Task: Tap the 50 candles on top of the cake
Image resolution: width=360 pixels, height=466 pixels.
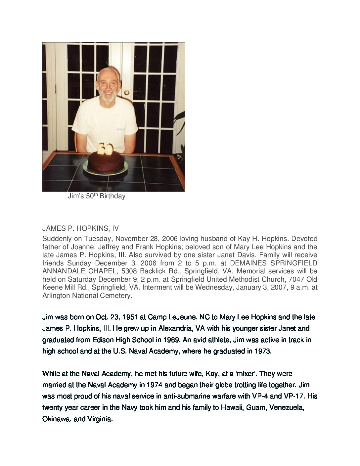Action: click(x=105, y=149)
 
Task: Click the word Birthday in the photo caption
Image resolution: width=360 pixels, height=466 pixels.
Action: click(x=115, y=196)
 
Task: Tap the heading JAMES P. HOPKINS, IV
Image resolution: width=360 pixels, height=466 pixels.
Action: click(x=80, y=228)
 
